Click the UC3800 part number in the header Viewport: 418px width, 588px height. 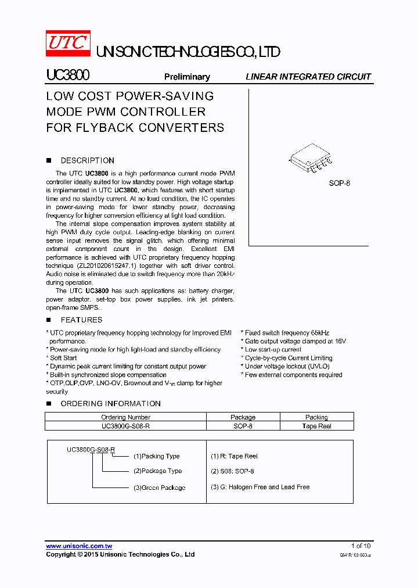pyautogui.click(x=67, y=76)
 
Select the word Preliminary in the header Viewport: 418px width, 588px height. pyautogui.click(x=187, y=77)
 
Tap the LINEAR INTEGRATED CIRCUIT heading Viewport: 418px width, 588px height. pyautogui.click(x=308, y=77)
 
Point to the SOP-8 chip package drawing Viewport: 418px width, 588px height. pyautogui.click(x=311, y=159)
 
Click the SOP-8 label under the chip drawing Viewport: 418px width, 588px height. pyautogui.click(x=340, y=183)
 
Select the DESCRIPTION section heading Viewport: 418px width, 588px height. pyautogui.click(x=87, y=160)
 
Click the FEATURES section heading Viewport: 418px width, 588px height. pyautogui.click(x=81, y=320)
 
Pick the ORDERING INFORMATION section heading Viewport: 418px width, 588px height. pyautogui.click(x=110, y=403)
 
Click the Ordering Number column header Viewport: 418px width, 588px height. pyautogui.click(x=125, y=417)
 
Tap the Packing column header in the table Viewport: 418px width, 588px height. pyautogui.click(x=316, y=417)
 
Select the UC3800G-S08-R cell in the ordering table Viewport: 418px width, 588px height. pyautogui.click(x=125, y=426)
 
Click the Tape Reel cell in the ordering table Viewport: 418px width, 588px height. pyautogui.click(x=316, y=426)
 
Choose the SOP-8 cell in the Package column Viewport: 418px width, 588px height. pyautogui.click(x=243, y=426)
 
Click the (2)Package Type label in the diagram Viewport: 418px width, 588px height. pyautogui.click(x=157, y=471)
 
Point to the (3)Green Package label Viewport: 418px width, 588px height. pyautogui.click(x=159, y=487)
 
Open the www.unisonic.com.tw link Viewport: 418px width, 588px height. pyautogui.click(x=79, y=546)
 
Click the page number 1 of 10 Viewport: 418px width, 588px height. pyautogui.click(x=361, y=546)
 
